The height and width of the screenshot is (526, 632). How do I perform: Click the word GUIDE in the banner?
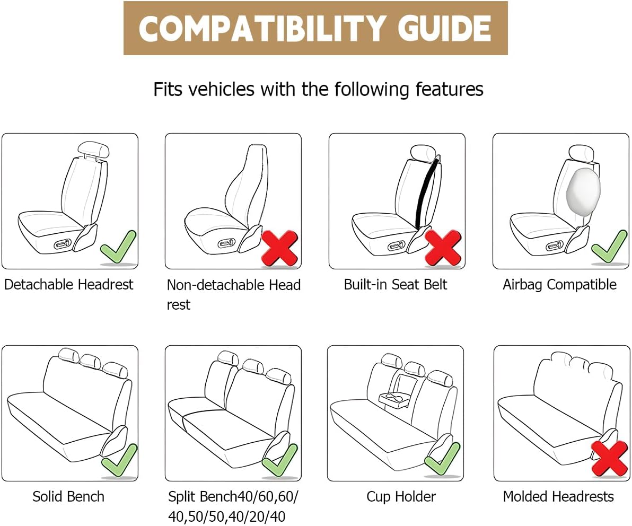click(445, 28)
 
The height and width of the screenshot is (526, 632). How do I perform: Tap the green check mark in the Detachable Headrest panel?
click(118, 247)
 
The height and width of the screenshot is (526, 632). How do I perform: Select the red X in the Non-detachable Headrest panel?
click(280, 248)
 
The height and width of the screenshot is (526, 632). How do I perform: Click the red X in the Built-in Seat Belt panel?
click(443, 248)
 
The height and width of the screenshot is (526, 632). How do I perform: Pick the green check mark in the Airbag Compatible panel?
click(609, 247)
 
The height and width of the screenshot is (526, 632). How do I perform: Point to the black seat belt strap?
click(426, 192)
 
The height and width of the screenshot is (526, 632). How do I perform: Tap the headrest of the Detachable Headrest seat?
click(93, 150)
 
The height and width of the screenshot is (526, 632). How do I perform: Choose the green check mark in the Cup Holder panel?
click(443, 459)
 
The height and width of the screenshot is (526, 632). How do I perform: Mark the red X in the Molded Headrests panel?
click(609, 458)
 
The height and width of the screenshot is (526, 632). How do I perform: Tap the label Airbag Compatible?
click(559, 285)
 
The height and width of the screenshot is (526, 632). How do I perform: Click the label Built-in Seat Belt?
click(396, 285)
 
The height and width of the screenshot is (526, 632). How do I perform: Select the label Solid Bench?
click(68, 497)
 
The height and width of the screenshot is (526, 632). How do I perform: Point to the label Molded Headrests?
click(558, 497)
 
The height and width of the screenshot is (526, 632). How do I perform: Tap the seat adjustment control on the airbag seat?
click(555, 246)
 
